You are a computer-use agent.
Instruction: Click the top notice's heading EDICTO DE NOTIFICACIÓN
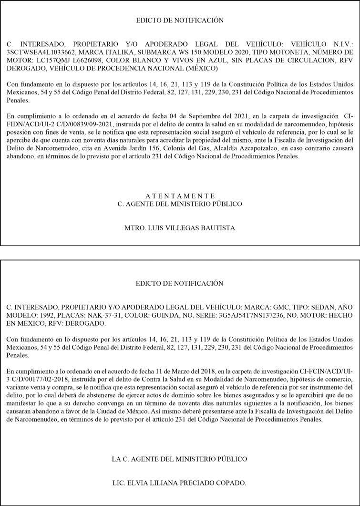click(180, 21)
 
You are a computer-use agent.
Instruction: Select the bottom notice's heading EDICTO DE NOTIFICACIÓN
click(180, 283)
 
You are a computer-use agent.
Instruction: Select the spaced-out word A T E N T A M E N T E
click(180, 196)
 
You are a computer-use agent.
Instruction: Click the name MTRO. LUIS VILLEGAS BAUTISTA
click(180, 228)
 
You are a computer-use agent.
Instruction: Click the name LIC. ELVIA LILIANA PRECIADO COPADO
click(180, 483)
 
